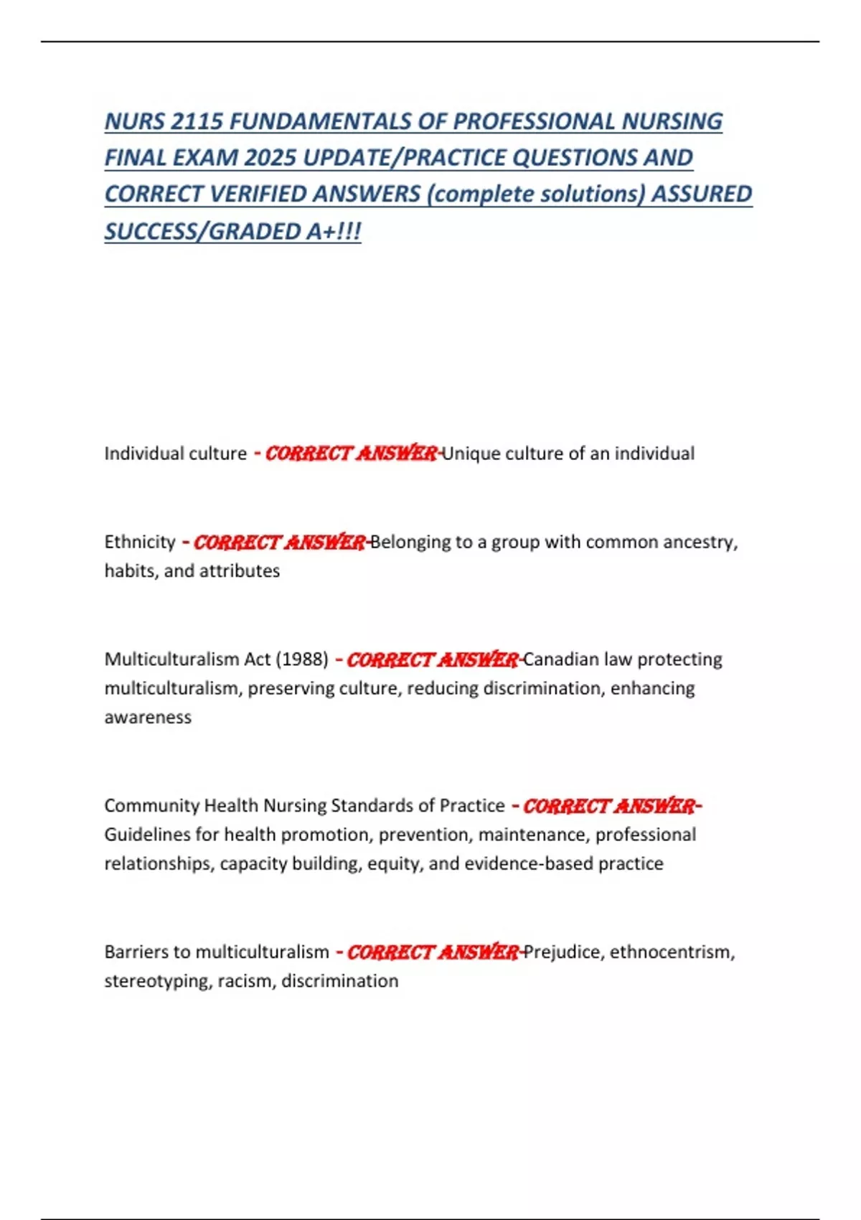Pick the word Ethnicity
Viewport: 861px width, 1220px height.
tap(140, 542)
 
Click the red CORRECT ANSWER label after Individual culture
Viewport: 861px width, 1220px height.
tap(351, 454)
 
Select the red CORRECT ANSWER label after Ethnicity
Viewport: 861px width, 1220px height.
tap(279, 542)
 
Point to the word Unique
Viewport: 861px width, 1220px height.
tap(471, 454)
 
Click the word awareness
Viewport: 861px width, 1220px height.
tap(148, 718)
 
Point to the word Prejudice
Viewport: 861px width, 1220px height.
tap(564, 952)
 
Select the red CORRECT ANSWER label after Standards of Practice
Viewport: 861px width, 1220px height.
tap(608, 806)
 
